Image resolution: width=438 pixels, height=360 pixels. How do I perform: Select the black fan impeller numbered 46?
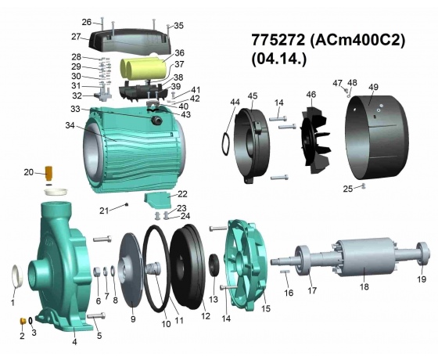(x=315, y=140)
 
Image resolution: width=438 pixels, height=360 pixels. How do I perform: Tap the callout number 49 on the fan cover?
(x=373, y=87)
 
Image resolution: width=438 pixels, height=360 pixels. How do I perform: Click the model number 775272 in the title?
(x=278, y=40)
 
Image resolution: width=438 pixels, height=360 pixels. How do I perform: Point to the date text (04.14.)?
(x=278, y=59)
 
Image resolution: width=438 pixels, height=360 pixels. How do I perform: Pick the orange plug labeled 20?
(x=48, y=173)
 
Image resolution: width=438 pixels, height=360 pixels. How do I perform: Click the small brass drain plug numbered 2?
(x=23, y=320)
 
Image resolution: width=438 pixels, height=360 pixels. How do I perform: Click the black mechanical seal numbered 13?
(x=215, y=265)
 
